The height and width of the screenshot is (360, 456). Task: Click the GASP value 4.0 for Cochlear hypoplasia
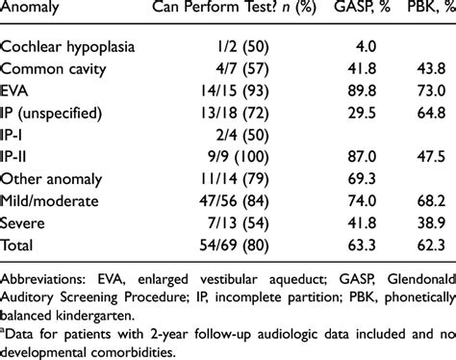point(361,47)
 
